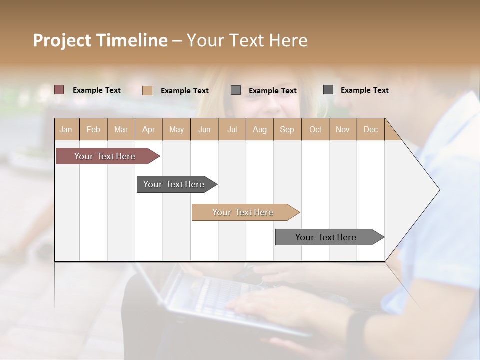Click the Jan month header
point(66,129)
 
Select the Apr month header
point(149,129)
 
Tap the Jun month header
point(204,129)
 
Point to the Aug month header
point(259,129)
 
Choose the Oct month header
point(315,129)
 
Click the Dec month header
point(370,129)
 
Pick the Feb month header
point(93,129)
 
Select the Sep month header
point(287,129)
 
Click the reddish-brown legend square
point(59,90)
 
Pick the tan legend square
point(147,90)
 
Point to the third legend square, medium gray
point(236,90)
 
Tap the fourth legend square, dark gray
point(328,90)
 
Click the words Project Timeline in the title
point(100,40)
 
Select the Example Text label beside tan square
point(185,91)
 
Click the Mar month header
point(121,129)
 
